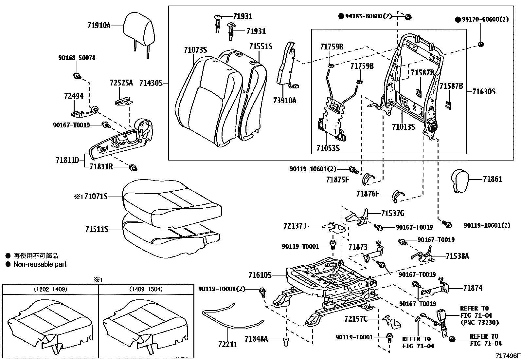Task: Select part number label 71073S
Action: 195,50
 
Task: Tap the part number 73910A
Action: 284,101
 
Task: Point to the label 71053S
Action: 328,148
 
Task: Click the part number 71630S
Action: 484,91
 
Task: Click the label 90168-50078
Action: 77,58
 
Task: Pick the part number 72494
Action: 74,96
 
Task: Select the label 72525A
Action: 121,83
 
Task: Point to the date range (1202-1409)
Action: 50,289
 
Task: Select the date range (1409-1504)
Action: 146,289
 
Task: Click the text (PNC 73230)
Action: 479,322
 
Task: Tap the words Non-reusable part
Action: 40,264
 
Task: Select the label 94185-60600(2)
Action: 368,16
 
